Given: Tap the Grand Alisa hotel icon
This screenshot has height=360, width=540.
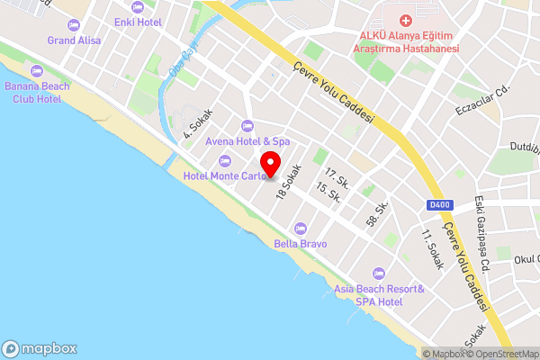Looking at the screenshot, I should point(74,24).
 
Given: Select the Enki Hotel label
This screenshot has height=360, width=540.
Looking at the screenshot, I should point(138,20).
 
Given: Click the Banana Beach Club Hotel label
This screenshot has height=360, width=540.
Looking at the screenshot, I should point(38,93).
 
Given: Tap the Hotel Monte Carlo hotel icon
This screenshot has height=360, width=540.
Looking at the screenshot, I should point(224,160).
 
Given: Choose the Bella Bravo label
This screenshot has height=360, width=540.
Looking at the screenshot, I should point(300,243).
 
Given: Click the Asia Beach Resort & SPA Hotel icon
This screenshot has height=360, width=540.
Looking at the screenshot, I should point(378,272).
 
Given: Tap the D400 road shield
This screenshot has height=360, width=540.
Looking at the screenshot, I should point(439,205).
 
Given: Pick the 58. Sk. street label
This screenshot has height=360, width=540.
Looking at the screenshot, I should point(376,213).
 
